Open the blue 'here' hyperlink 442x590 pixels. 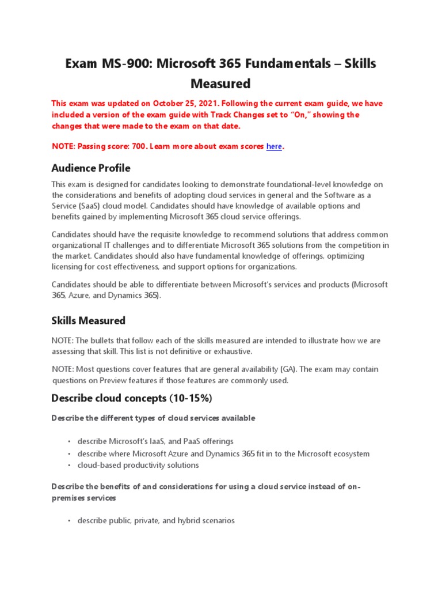click(x=274, y=146)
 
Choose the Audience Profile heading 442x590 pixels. click(x=91, y=168)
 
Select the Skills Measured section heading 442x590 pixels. click(x=88, y=320)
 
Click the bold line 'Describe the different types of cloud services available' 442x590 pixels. click(x=153, y=418)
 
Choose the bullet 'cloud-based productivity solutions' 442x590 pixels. click(x=138, y=465)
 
